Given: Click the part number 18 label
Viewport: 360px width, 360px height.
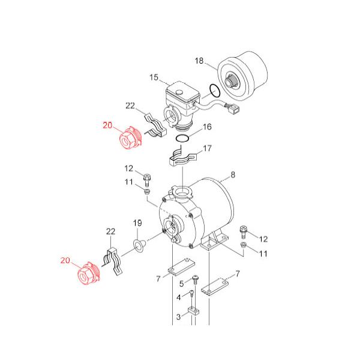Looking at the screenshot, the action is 199,61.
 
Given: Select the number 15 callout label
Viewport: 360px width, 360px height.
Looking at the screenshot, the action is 154,77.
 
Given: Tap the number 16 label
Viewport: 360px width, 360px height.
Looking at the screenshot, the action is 207,127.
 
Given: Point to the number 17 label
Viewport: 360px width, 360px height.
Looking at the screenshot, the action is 207,148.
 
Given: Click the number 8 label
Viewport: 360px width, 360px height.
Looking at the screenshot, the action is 233,175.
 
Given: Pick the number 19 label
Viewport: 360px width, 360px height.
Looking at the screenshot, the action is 137,223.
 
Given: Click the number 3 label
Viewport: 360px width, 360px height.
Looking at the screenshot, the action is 179,317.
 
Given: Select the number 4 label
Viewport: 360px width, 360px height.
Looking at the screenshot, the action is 179,298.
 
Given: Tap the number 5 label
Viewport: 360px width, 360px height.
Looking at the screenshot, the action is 182,284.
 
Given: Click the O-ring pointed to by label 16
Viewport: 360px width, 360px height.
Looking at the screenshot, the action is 182,136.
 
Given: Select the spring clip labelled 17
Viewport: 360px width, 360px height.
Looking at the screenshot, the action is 183,157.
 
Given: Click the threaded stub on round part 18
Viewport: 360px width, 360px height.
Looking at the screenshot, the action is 232,81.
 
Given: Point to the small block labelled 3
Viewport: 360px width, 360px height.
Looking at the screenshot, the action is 194,311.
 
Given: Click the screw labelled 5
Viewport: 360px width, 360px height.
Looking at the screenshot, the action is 195,280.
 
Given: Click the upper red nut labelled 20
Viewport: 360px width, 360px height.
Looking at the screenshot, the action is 130,138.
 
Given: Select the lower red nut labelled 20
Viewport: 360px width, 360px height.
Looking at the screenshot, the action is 89,273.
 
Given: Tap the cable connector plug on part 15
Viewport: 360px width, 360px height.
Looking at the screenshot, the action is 233,109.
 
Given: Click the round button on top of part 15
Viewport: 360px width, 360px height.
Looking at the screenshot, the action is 178,92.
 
